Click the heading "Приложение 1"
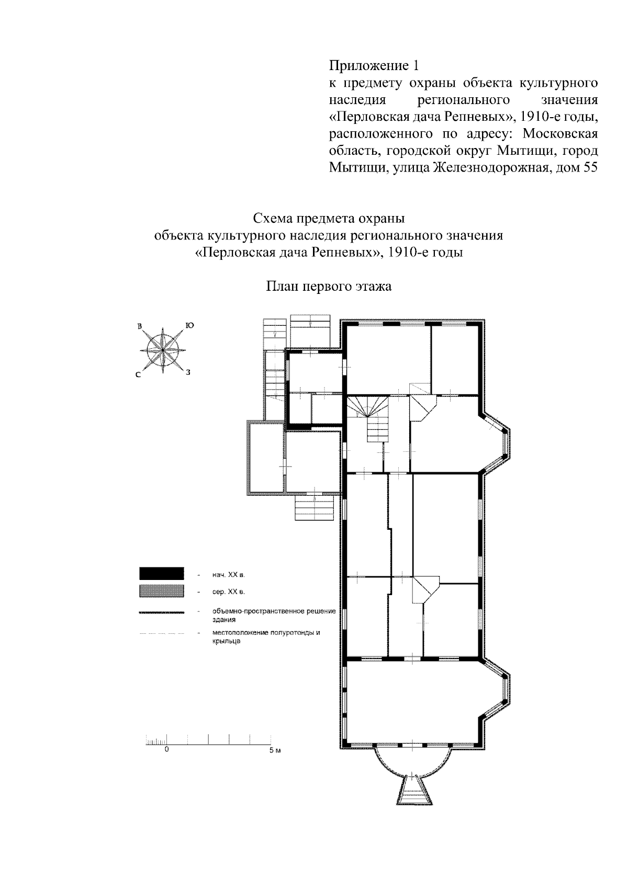click(374, 66)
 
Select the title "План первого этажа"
click(329, 286)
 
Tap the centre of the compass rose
click(163, 350)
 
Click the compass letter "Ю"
click(189, 325)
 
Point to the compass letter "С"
click(139, 374)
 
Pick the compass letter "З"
click(188, 372)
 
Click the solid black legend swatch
click(162, 574)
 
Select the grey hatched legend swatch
click(162, 591)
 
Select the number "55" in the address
click(589, 168)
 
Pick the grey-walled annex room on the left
click(266, 458)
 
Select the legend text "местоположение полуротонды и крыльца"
click(266, 636)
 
